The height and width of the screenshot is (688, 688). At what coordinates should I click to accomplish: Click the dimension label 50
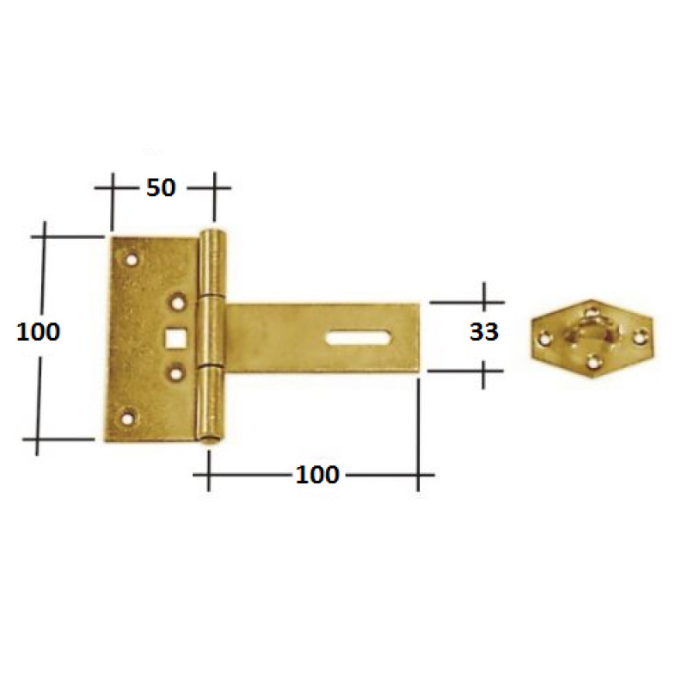[160, 187]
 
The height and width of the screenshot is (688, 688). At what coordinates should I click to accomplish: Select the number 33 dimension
[483, 332]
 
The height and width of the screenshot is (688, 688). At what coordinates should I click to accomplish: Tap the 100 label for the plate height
[39, 331]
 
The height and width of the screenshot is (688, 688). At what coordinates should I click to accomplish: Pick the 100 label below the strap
[317, 474]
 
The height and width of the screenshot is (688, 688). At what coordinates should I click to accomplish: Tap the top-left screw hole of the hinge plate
[132, 257]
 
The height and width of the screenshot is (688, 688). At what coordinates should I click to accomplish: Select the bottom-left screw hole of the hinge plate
[130, 419]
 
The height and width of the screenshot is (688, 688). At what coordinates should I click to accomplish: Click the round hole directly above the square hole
[178, 302]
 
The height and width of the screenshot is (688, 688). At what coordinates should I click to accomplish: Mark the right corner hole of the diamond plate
[638, 336]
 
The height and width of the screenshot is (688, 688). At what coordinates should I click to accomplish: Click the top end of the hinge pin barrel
[212, 236]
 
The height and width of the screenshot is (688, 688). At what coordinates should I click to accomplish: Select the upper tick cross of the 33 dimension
[484, 302]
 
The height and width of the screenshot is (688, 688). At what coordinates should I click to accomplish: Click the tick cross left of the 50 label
[111, 187]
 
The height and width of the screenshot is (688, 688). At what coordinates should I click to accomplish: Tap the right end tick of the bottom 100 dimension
[418, 474]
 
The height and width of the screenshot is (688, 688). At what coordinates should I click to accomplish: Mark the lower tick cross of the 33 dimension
[484, 372]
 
